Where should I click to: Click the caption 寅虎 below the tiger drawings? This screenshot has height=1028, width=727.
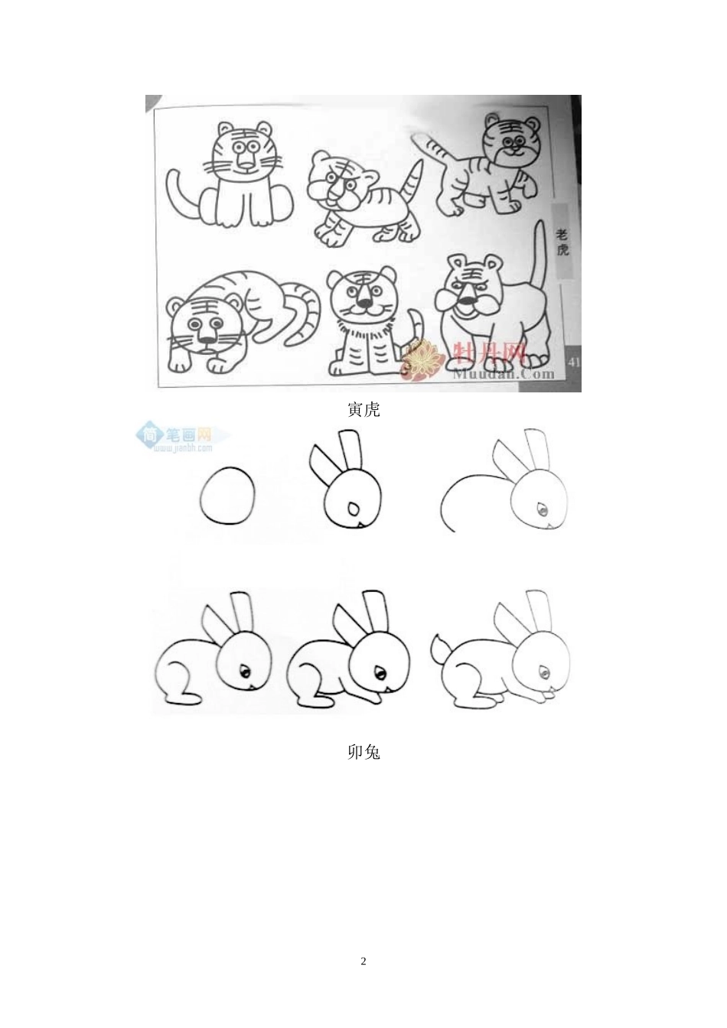363,410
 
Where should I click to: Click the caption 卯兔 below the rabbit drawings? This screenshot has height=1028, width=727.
363,753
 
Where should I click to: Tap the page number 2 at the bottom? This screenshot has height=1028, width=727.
363,961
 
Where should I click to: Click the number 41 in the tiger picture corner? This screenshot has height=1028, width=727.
573,361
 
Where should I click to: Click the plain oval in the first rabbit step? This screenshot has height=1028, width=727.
227,495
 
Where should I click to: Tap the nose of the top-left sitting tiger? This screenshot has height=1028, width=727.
245,162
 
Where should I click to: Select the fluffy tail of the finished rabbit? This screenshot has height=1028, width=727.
441,649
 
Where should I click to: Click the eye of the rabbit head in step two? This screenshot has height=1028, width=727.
353,508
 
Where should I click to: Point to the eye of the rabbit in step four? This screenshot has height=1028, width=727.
246,672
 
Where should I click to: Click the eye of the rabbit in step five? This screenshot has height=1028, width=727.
379,672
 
